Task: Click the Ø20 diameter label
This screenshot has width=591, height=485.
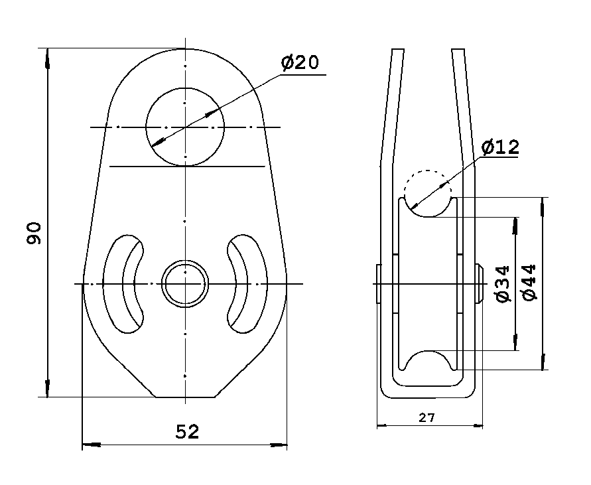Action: pyautogui.click(x=300, y=63)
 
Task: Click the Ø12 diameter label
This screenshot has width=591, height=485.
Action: pyautogui.click(x=500, y=147)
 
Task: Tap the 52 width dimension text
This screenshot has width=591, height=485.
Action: pyautogui.click(x=187, y=432)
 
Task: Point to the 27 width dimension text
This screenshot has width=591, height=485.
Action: pyautogui.click(x=427, y=417)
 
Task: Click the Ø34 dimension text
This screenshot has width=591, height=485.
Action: pyautogui.click(x=503, y=283)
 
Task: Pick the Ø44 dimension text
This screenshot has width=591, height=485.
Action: pyautogui.click(x=530, y=283)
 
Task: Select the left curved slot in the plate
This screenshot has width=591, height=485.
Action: pyautogui.click(x=122, y=283)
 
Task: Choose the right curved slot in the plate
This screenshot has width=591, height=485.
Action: pyautogui.click(x=247, y=283)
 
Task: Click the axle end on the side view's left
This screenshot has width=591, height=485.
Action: pyautogui.click(x=378, y=284)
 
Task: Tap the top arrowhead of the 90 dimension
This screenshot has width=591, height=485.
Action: pyautogui.click(x=47, y=56)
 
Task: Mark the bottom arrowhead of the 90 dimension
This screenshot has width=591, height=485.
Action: pyautogui.click(x=47, y=389)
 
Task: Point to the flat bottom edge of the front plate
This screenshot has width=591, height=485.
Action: pyautogui.click(x=185, y=397)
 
